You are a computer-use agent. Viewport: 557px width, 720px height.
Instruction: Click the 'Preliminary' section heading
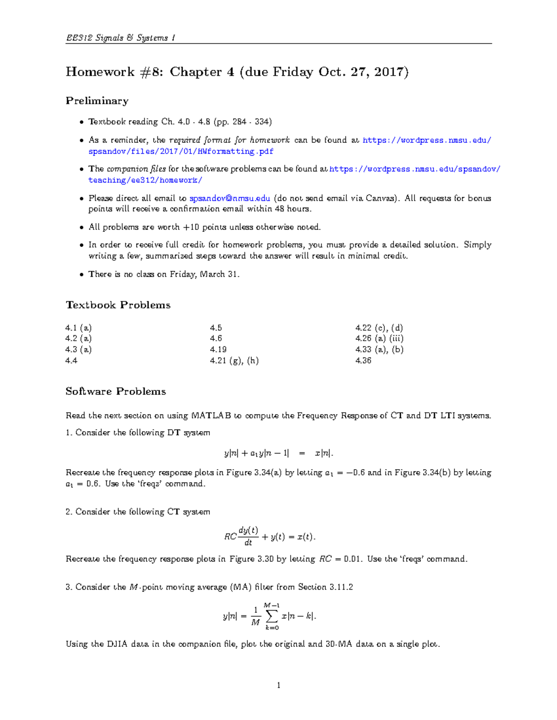97,101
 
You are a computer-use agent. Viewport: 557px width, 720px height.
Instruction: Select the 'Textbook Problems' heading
118,305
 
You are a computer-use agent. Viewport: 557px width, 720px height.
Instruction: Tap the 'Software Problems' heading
116,392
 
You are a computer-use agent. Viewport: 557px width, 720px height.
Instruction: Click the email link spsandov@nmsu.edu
230,198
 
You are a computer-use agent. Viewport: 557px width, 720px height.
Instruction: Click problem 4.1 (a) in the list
78,328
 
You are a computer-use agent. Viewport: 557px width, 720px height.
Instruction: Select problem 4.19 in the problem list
218,350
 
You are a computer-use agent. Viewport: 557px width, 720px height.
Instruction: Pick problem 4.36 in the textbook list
363,361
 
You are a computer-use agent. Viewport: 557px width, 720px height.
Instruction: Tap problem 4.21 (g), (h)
234,361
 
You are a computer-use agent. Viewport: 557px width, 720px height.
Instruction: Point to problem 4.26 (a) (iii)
379,338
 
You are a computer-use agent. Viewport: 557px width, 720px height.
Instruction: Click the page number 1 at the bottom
278,685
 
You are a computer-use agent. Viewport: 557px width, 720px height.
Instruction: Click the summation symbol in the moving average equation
272,616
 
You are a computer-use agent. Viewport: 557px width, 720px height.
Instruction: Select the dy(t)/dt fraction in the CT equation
248,536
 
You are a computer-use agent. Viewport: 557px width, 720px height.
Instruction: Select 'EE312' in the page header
79,38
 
